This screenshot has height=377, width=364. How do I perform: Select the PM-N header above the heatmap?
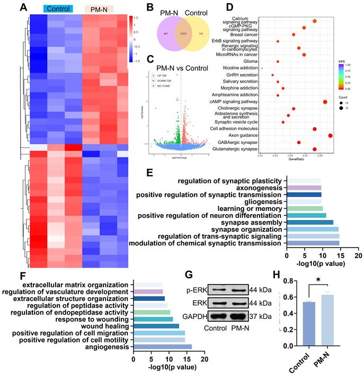[x=99, y=9]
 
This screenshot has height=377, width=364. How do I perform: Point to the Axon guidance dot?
[x=330, y=136]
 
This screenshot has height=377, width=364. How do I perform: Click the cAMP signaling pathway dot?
[x=325, y=102]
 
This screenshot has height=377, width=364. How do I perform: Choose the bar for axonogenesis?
[x=303, y=188]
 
